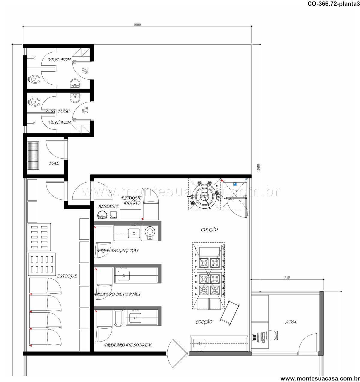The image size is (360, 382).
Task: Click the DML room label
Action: pos(54,163)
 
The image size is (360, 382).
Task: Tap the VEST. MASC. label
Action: pos(58,111)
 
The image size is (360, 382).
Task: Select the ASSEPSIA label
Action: pos(108,206)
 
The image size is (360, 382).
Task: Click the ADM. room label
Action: pos(291,322)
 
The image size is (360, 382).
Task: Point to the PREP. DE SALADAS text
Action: pos(118,251)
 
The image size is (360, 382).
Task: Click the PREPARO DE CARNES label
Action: pos(117,294)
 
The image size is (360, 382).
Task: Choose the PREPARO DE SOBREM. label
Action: pos(128,345)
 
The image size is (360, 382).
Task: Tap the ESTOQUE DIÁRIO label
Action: pos(131,200)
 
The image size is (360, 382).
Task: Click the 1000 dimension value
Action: pos(137,25)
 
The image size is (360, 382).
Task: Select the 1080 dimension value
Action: pos(258,168)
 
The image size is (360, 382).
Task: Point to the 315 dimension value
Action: pos(287,278)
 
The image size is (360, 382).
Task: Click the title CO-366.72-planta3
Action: pos(334,4)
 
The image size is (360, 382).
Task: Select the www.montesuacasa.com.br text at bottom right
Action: pos(320,378)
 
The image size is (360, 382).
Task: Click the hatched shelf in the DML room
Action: pos(33,156)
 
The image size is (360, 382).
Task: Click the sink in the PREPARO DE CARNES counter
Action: pos(124,275)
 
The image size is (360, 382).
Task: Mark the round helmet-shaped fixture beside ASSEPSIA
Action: pos(102,215)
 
